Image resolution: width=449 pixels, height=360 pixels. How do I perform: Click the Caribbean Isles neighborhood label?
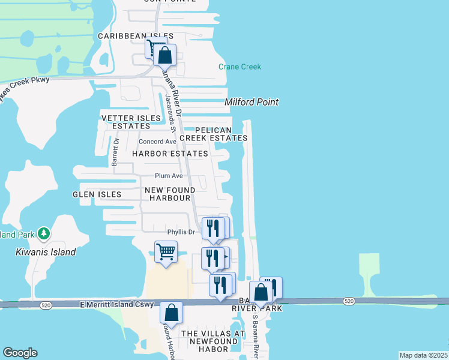(x=136, y=37)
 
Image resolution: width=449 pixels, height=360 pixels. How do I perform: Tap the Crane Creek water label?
(x=240, y=67)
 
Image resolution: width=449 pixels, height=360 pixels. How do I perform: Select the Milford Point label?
(x=252, y=102)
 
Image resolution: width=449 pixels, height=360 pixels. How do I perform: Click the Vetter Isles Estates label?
(x=131, y=122)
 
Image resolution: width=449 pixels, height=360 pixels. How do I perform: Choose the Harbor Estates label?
(x=170, y=154)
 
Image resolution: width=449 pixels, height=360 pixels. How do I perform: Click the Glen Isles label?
(x=97, y=194)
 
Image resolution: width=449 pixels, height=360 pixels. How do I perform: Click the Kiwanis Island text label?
(x=46, y=252)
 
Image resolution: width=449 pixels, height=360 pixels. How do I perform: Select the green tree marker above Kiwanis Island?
(x=43, y=233)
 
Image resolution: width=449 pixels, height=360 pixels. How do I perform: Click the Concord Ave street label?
(x=157, y=142)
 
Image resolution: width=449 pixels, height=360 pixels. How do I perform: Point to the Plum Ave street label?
(x=169, y=176)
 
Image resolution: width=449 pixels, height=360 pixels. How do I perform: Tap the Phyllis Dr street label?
(x=181, y=232)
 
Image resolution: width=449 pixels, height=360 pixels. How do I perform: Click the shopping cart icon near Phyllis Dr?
(x=166, y=251)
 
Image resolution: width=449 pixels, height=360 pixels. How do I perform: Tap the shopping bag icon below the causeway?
(x=171, y=312)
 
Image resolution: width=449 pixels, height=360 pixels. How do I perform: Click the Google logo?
(x=20, y=353)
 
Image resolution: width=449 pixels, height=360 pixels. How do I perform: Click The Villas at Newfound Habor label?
(x=205, y=341)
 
